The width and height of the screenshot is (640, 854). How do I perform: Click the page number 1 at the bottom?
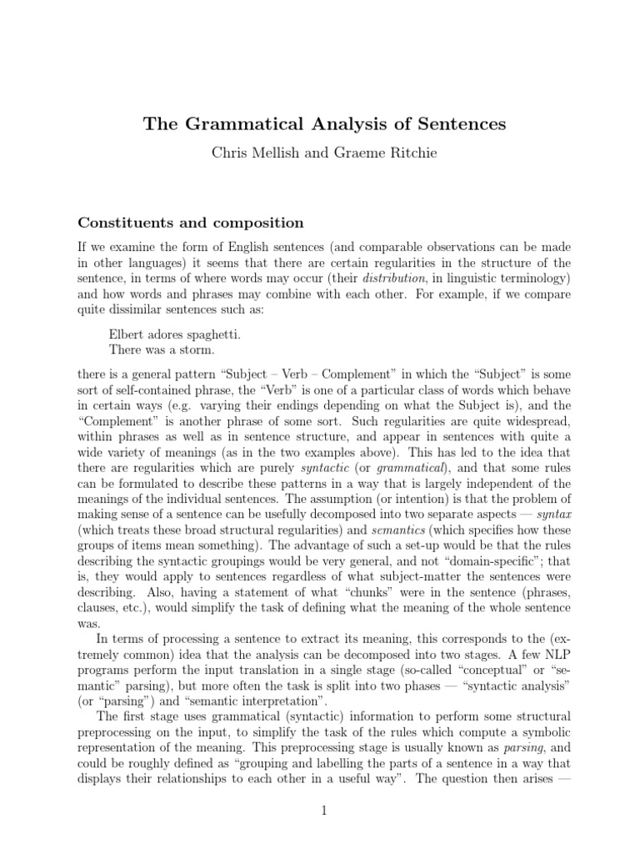pyautogui.click(x=320, y=809)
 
